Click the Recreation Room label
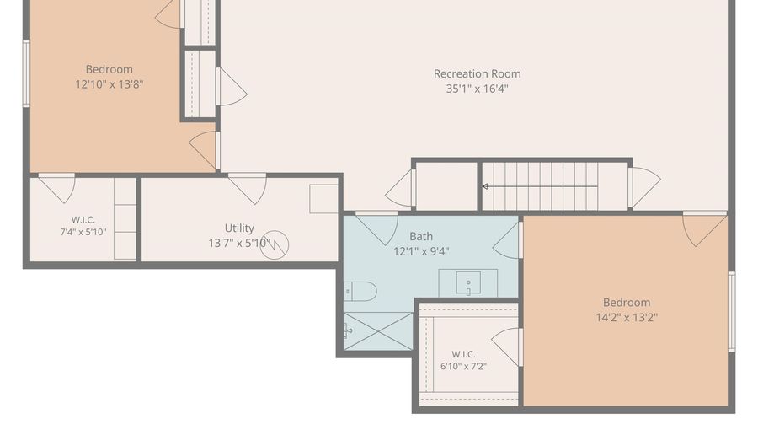coord(478,73)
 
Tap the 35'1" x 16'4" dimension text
coord(478,89)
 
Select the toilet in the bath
coord(360,291)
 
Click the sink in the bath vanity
coord(468,283)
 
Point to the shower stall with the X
coord(378,330)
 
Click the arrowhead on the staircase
coord(485,186)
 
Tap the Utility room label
coord(239,228)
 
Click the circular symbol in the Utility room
coord(275,244)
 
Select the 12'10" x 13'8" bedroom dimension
coord(109,84)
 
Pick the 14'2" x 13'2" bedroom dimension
coord(627,317)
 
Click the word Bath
coord(421,236)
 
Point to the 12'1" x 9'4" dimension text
coord(421,251)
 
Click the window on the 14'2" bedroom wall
coord(732,311)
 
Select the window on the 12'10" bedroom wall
coord(26,73)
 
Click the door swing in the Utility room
coord(248,188)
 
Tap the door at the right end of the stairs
coord(644,187)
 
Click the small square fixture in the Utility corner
coord(323,198)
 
